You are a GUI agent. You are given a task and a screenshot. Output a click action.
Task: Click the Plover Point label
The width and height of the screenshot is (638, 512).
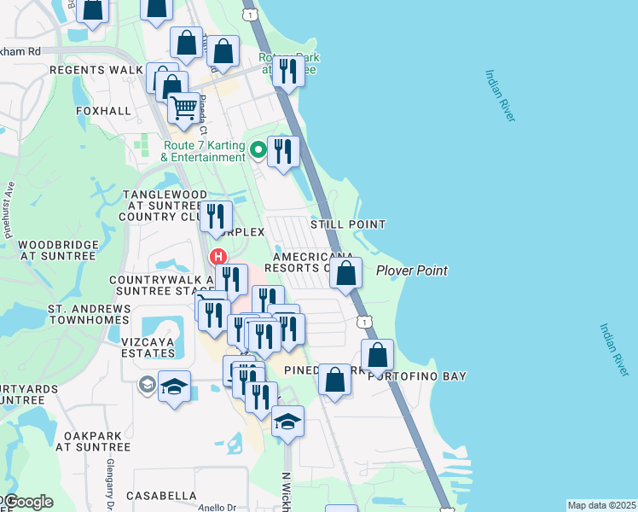point(412,271)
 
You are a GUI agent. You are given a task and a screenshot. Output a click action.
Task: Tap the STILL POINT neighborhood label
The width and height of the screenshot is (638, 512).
point(347,224)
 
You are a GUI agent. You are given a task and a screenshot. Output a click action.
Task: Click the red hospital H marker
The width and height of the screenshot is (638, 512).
point(218,256)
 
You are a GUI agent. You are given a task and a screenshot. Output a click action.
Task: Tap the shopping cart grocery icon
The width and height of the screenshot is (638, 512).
point(183,108)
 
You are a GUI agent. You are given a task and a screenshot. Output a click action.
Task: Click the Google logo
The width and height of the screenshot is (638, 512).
point(27,502)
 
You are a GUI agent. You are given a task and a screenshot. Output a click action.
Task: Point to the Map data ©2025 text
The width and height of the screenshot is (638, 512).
point(601,505)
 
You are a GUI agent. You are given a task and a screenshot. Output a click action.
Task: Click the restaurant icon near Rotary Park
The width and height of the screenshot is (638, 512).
point(288,70)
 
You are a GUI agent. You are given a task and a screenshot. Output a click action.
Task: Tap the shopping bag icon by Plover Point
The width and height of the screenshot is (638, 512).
point(345,274)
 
